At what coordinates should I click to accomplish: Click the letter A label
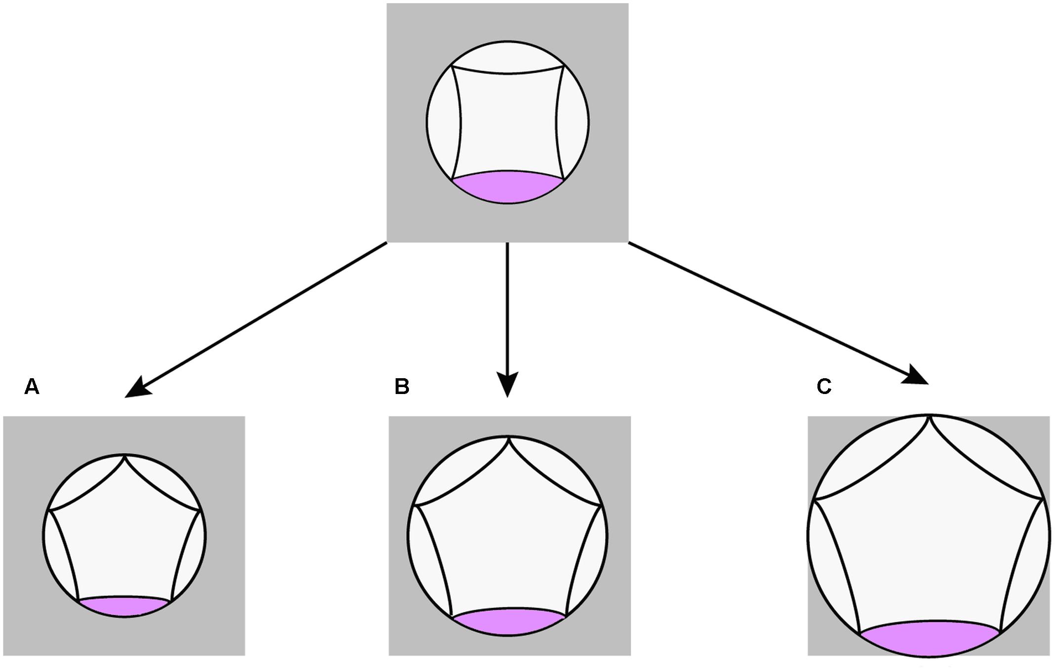pyautogui.click(x=32, y=387)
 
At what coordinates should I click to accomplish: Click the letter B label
pyautogui.click(x=402, y=387)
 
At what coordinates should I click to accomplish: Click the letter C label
pyautogui.click(x=824, y=387)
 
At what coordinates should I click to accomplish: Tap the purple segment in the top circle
pyautogui.click(x=508, y=187)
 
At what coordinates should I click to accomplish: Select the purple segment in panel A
pyautogui.click(x=124, y=606)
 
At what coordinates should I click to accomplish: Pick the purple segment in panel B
pyautogui.click(x=509, y=621)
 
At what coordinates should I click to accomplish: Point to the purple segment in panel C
pyautogui.click(x=930, y=638)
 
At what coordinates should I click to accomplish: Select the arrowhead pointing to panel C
pyautogui.click(x=917, y=376)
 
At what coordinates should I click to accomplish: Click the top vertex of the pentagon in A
pyautogui.click(x=124, y=455)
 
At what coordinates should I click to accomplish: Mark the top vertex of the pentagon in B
pyautogui.click(x=508, y=437)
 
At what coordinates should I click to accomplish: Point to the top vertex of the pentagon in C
pyautogui.click(x=930, y=416)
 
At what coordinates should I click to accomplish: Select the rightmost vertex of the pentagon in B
pyautogui.click(x=602, y=506)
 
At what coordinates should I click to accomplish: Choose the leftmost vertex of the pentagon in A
pyautogui.click(x=48, y=510)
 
